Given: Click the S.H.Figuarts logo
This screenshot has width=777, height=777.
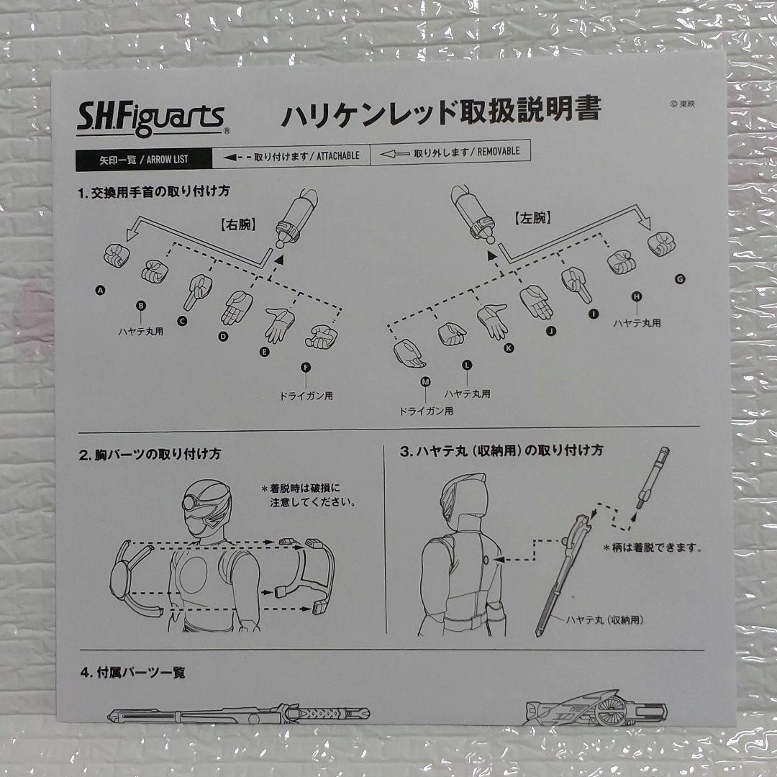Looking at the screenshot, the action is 153,119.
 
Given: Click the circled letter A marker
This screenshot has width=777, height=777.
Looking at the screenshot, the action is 100,291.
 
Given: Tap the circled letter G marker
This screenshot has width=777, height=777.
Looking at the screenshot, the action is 680,279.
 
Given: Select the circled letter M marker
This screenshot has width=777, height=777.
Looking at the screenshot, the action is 425,381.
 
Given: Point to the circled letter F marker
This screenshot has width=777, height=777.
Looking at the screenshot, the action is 306,367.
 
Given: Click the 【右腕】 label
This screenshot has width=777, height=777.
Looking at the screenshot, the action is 238,224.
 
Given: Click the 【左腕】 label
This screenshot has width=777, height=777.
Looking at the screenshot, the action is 532,218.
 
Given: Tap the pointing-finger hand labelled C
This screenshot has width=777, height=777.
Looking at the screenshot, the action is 198,291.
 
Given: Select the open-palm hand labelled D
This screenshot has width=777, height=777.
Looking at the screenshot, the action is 237,307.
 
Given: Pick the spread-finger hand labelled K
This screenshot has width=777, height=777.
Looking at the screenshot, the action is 492,320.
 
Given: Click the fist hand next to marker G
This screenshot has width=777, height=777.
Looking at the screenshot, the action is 661,244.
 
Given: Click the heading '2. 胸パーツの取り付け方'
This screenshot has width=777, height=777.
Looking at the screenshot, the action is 150,454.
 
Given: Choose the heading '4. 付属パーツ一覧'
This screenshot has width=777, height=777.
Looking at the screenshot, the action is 132,673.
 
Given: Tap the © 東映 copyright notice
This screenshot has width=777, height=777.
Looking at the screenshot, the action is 682,104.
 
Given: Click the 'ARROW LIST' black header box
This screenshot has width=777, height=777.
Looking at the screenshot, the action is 144,160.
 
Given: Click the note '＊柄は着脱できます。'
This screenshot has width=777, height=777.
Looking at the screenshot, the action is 652,547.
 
